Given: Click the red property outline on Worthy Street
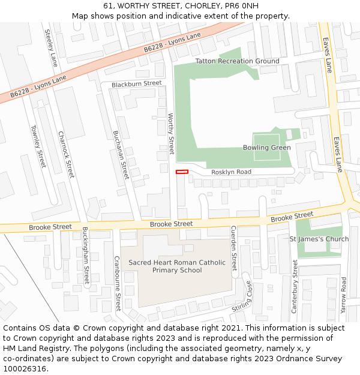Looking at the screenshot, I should coord(182,172).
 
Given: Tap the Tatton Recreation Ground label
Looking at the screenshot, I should coord(237,61).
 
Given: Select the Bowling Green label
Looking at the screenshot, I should coord(266,148).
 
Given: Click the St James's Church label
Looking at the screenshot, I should coord(319,239).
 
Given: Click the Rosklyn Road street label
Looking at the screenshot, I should coord(231,172).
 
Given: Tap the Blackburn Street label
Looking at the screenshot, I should coord(136,83).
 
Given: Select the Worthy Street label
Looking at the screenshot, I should coord(170,133).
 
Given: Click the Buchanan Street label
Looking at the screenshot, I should coord(121,155).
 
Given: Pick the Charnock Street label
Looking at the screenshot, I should coord(66,154).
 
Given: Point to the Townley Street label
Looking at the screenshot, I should coord(38,146).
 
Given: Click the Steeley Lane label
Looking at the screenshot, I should coord(51,47).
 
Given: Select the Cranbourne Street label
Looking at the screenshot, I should coord(118,283).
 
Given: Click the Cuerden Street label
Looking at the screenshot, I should coord(234,248).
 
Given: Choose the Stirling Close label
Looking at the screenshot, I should coord(244,296).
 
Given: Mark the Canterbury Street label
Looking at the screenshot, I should coord(295,286).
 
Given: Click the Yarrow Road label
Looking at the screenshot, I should coord(343,296).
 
